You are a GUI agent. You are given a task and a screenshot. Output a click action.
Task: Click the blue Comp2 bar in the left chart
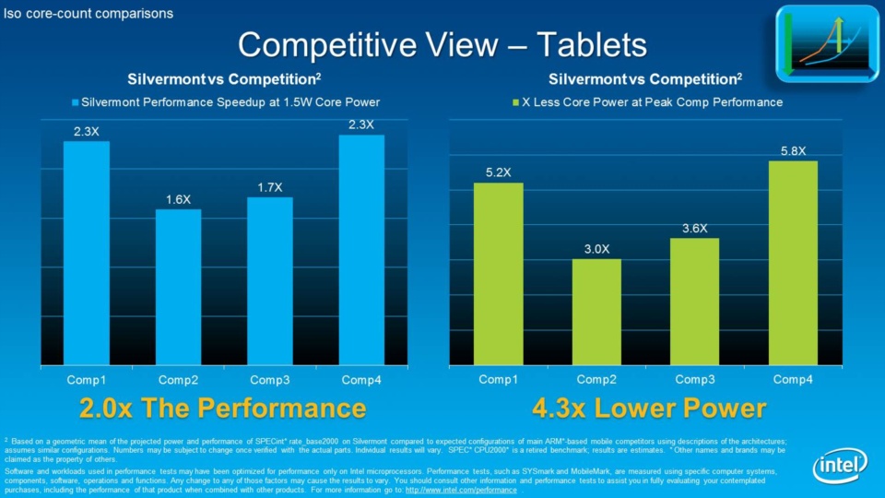[x=178, y=286]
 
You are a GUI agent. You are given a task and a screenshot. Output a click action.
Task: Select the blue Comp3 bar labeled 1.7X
[x=269, y=280]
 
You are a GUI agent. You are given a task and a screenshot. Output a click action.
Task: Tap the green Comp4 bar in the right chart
[x=793, y=262]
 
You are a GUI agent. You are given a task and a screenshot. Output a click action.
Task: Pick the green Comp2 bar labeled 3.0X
[x=596, y=311]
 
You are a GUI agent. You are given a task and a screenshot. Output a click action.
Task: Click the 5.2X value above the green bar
[x=498, y=172]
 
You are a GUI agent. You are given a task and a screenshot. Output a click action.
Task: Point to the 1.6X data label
[x=178, y=199]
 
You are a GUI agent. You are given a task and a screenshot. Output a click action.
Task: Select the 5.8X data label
[x=793, y=150]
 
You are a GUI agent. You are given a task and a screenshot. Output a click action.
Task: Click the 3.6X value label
[x=694, y=228]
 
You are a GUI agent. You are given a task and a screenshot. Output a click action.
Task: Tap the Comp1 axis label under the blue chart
[x=86, y=379]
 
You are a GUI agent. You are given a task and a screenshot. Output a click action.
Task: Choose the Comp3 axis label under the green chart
[x=694, y=379]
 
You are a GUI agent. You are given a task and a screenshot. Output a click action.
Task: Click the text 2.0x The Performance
[x=222, y=408]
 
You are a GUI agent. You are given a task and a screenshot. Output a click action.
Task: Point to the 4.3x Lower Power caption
[x=649, y=408]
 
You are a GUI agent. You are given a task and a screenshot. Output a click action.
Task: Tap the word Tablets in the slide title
[x=591, y=43]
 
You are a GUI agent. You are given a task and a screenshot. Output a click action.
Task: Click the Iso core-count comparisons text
[x=88, y=13]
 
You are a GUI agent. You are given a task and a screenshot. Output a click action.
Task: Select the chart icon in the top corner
[x=827, y=43]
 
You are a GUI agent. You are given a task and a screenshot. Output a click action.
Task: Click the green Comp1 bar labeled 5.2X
[x=498, y=272]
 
